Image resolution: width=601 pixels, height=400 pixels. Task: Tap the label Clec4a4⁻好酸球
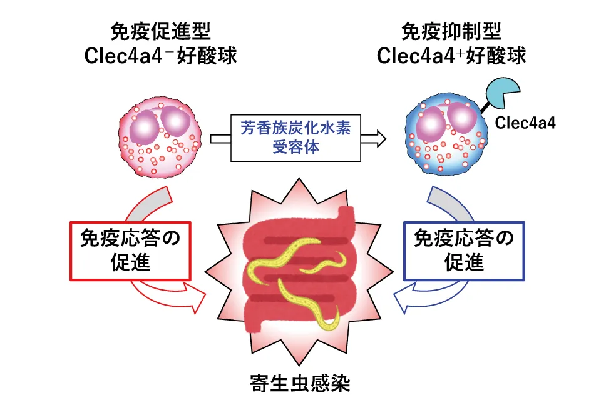tap(160, 56)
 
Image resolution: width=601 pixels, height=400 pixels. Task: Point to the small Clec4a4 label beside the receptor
tap(525, 123)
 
